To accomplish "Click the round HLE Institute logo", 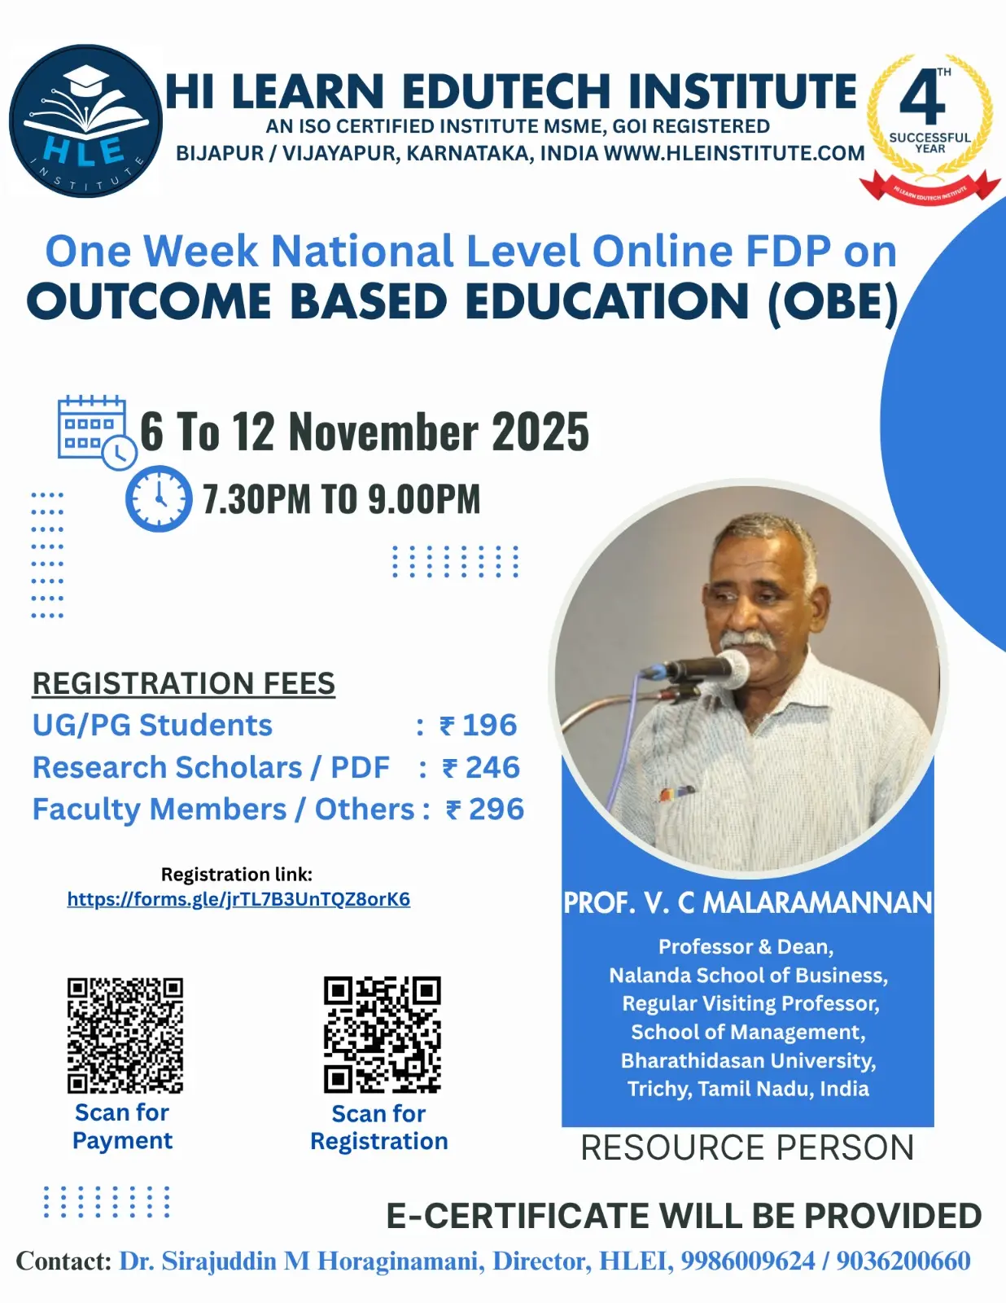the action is point(85,121).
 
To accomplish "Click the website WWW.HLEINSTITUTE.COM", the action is point(734,153).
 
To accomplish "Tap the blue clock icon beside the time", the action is point(159,498).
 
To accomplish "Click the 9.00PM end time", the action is point(424,498).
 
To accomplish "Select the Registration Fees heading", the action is point(183,683).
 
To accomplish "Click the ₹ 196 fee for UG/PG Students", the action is point(478,725).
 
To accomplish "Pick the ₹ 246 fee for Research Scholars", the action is point(480,767).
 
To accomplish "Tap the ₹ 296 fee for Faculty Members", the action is point(485,809).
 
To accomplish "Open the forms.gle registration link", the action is point(238,899).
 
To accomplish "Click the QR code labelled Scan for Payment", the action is point(125,1035).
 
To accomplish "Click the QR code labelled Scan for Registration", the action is point(383,1034).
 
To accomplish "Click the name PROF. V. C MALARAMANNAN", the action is point(748,902).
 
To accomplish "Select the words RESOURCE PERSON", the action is point(747,1147).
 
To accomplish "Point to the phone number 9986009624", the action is point(748,1261).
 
